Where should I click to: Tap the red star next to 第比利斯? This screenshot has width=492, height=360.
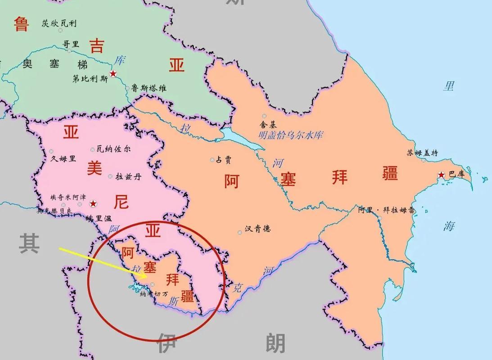(113, 73)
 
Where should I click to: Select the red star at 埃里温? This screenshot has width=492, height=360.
(93, 203)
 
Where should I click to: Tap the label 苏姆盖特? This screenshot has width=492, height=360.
(423, 153)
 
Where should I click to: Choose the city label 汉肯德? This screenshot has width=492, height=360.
(258, 229)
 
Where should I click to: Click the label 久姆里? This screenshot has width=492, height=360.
(63, 158)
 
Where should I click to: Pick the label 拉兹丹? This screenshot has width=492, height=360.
(128, 176)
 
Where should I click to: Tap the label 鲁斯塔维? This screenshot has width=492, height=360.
(149, 89)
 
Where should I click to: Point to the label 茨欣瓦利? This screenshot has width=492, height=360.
(59, 23)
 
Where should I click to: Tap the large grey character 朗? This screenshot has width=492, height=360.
(275, 343)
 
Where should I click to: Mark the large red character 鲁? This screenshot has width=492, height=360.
(21, 24)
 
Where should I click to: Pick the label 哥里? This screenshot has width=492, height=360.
(71, 44)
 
